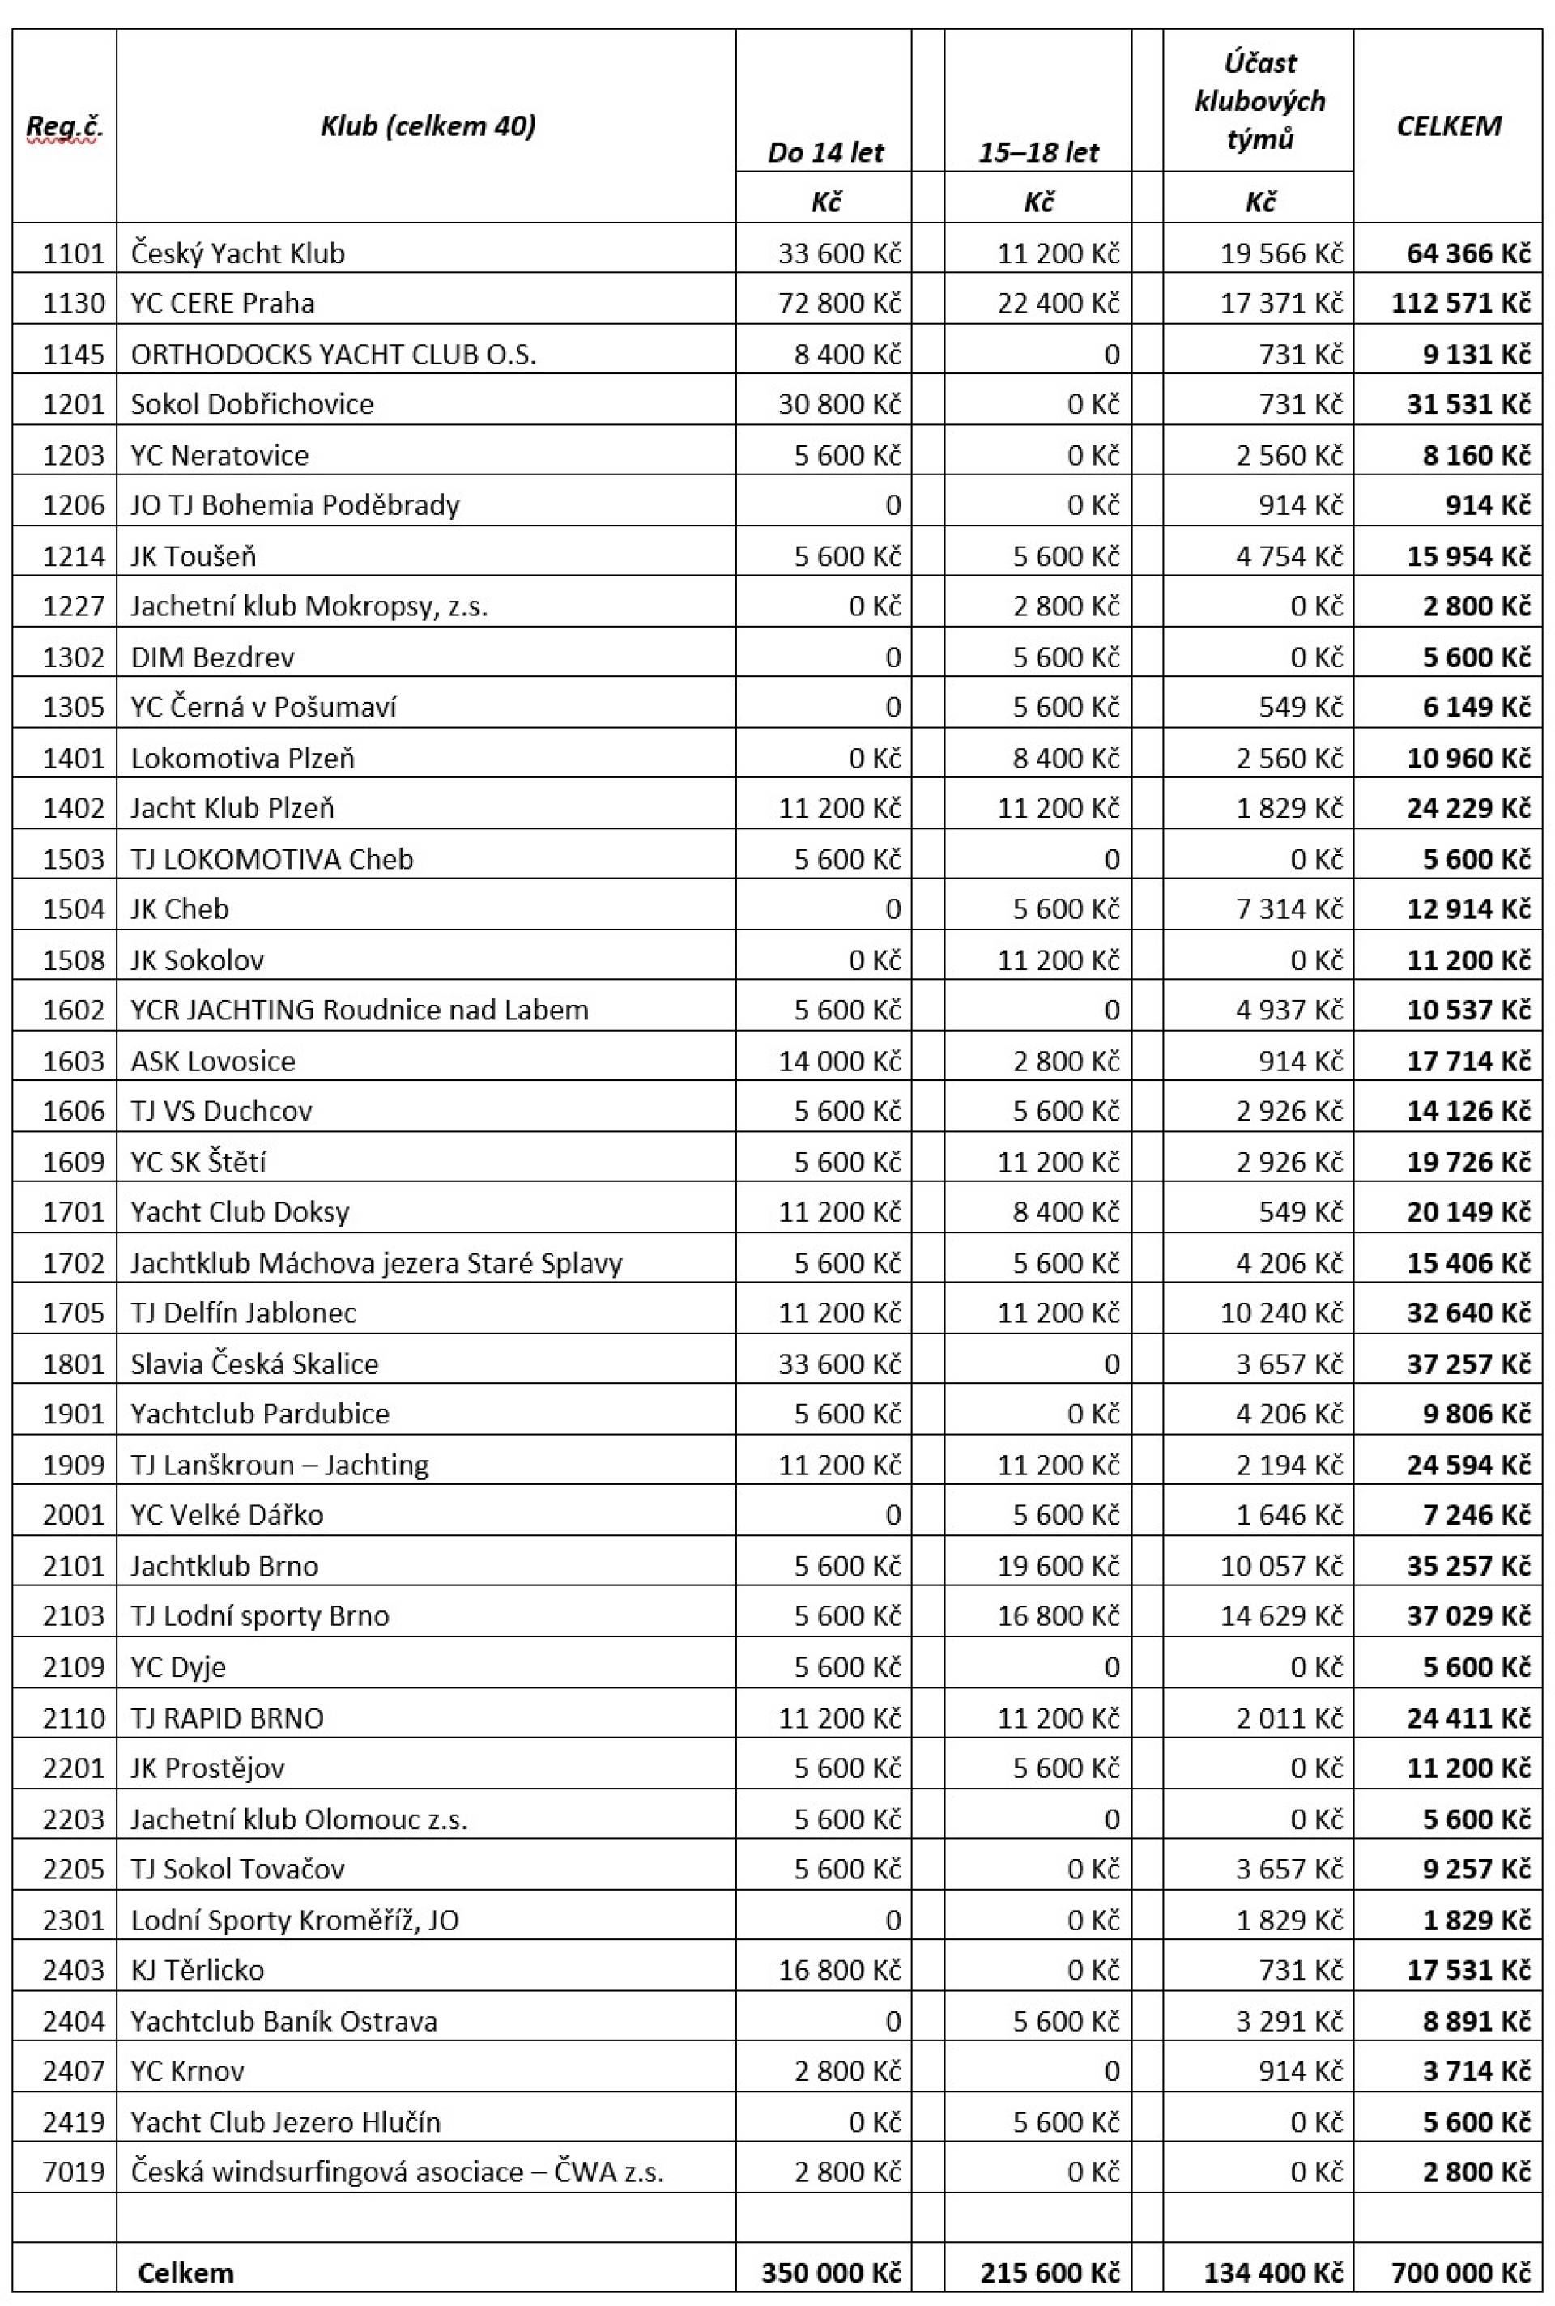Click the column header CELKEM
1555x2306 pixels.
(x=1448, y=126)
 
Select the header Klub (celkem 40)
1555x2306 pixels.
(x=428, y=126)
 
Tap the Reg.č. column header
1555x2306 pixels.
(x=65, y=126)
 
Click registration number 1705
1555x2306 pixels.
(x=74, y=1313)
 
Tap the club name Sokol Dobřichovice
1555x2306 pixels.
(x=252, y=403)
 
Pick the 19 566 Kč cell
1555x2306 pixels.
(x=1281, y=253)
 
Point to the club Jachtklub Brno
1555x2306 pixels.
(x=224, y=1565)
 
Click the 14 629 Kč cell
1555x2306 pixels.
(x=1281, y=1615)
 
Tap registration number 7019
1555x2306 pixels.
(x=74, y=2172)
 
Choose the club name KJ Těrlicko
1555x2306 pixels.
(x=198, y=1969)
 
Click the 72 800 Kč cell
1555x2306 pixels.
(x=839, y=302)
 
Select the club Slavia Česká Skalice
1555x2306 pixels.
(x=255, y=1364)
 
